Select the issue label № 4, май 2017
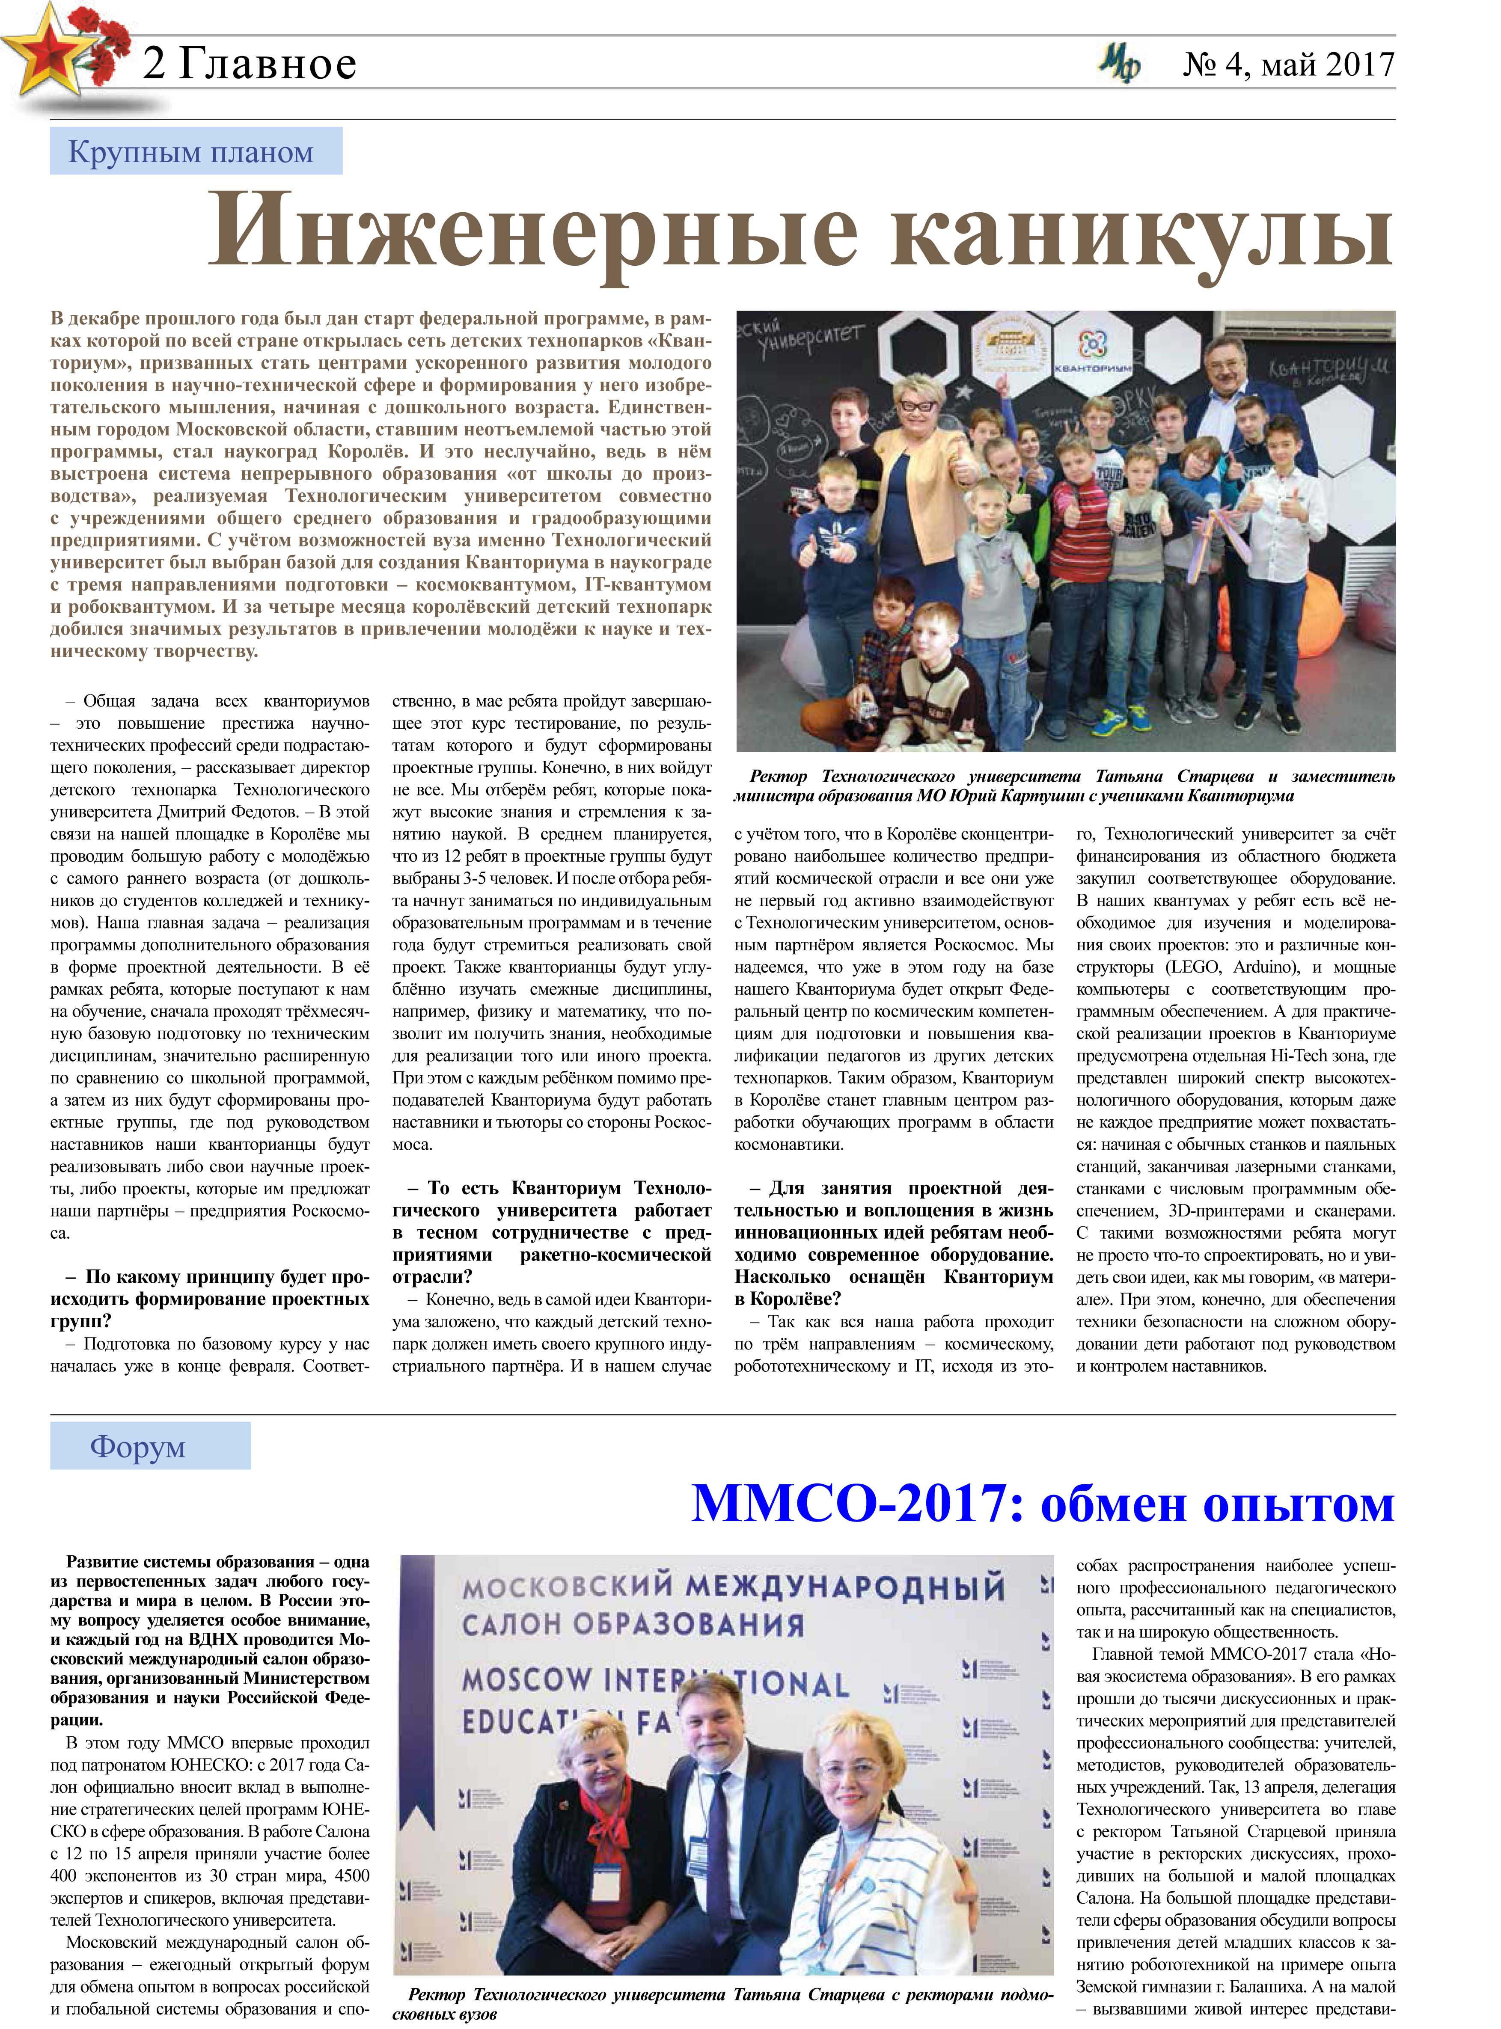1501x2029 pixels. click(x=1288, y=64)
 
